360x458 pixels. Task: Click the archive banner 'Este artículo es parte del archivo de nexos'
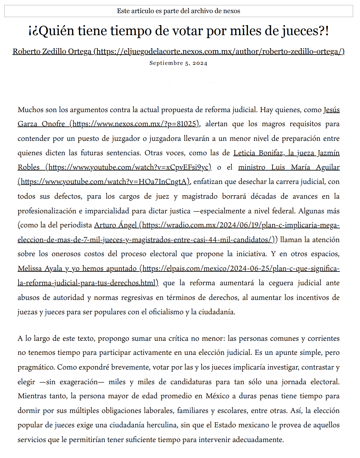point(178,11)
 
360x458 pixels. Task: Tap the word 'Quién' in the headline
point(56,31)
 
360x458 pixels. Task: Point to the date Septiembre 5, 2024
point(178,63)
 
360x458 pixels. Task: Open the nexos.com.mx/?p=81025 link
point(134,124)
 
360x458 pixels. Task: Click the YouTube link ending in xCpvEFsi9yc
point(129,167)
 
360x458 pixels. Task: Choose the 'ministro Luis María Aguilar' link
point(289,167)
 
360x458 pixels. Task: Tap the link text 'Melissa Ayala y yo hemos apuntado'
point(77,269)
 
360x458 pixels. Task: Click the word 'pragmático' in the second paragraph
point(36,367)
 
